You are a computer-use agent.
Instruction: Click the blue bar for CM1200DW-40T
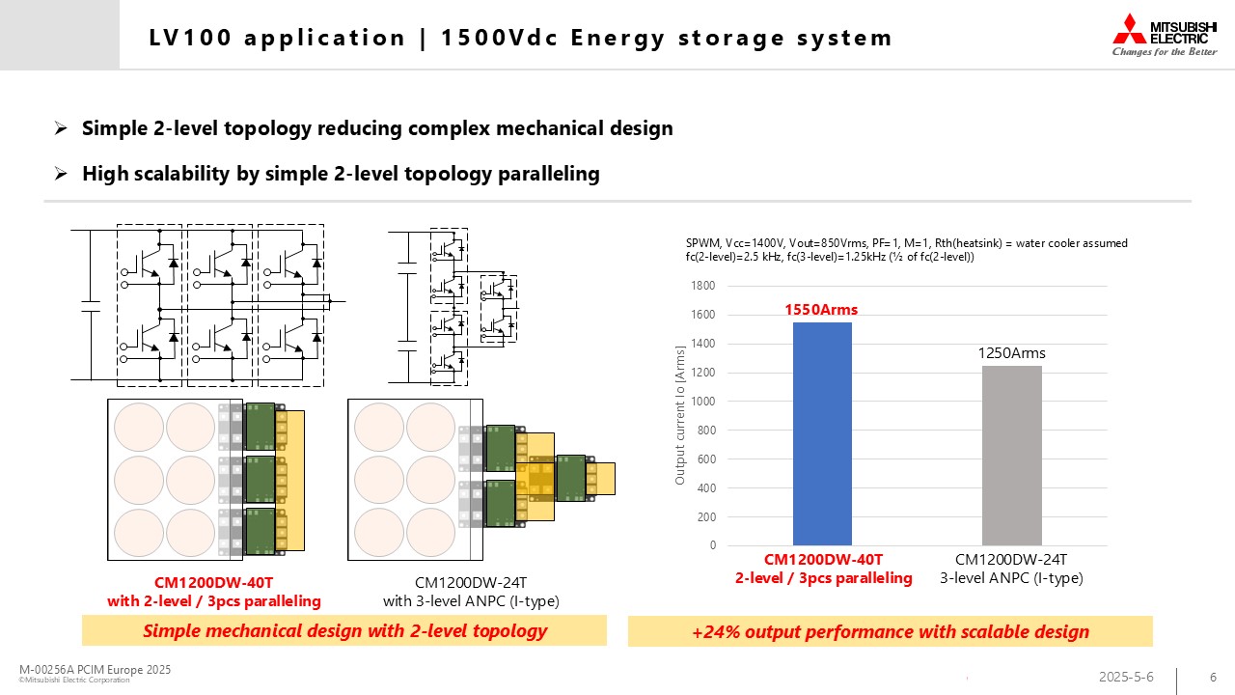(x=822, y=433)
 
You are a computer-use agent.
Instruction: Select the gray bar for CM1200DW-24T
(x=1012, y=456)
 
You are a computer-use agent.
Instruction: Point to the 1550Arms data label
(x=821, y=310)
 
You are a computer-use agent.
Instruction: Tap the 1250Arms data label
(x=1011, y=353)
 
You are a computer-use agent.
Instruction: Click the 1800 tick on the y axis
(x=703, y=286)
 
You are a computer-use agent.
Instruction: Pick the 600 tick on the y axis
(x=706, y=459)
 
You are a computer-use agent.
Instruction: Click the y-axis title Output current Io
(x=679, y=415)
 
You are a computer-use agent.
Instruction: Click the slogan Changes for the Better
(x=1165, y=52)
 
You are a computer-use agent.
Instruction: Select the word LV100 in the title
(x=190, y=38)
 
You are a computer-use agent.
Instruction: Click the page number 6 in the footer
(x=1213, y=677)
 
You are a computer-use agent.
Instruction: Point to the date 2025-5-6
(x=1126, y=677)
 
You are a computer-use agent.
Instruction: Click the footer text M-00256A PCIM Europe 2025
(x=95, y=669)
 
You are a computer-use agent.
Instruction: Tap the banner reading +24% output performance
(x=890, y=631)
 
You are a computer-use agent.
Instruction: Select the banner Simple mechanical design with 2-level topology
(x=344, y=630)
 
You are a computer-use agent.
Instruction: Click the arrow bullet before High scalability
(x=61, y=174)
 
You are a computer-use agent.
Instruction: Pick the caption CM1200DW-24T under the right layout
(x=471, y=582)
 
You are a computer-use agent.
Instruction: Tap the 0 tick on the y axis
(x=713, y=545)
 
